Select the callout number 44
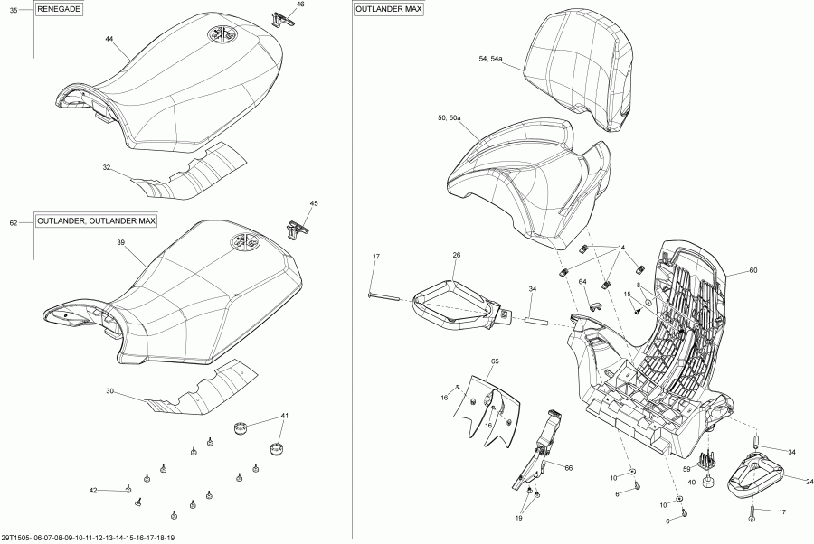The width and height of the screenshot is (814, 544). (x=109, y=40)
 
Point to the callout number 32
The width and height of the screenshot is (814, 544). (x=107, y=167)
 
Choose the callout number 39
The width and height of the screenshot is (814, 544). (x=120, y=244)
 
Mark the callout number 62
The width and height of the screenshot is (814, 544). (x=14, y=222)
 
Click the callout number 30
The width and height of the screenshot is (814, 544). (x=110, y=391)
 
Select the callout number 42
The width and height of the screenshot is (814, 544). (x=93, y=490)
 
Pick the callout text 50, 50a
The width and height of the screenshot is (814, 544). (x=450, y=118)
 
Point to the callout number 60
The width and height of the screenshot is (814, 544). (x=753, y=270)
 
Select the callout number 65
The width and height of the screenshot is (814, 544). (x=495, y=361)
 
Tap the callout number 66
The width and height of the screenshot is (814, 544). (x=569, y=467)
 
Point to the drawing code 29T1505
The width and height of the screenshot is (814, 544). (x=15, y=538)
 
